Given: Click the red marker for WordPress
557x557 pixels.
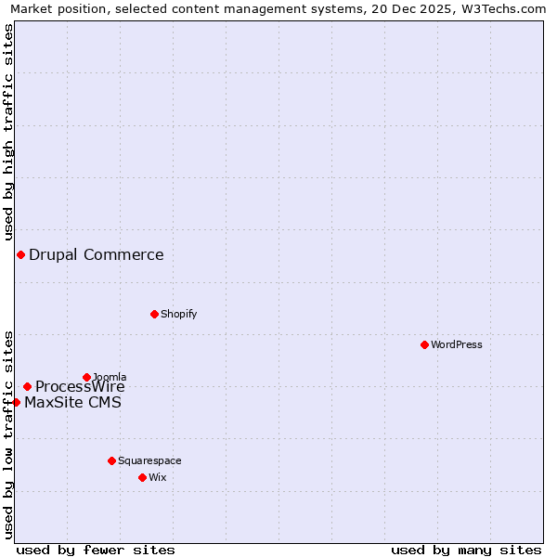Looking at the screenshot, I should click(x=424, y=344).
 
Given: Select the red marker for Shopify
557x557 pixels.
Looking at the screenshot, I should click(x=154, y=314).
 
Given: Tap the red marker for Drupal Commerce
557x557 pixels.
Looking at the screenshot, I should click(x=20, y=254).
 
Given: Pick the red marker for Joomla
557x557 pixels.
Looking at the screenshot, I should click(x=86, y=377).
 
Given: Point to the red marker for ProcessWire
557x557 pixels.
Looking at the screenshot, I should click(x=27, y=386).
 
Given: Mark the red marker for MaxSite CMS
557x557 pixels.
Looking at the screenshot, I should click(x=16, y=402).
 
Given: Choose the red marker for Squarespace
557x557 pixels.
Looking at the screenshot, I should click(x=111, y=460).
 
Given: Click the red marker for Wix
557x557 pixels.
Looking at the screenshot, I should click(x=142, y=477).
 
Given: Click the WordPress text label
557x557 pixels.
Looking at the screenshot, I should click(x=457, y=344).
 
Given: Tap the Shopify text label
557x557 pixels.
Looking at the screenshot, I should click(x=179, y=314).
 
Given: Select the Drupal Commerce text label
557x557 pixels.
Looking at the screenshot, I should click(x=97, y=254).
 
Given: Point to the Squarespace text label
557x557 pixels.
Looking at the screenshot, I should click(x=149, y=460).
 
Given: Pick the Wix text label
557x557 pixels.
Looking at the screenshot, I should click(x=157, y=477).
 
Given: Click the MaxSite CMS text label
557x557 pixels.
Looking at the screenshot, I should click(x=72, y=402).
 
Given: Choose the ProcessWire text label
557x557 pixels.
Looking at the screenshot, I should click(x=80, y=387).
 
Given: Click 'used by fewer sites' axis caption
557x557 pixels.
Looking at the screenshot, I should click(x=96, y=550).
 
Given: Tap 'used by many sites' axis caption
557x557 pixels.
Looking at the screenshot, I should click(x=466, y=550).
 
